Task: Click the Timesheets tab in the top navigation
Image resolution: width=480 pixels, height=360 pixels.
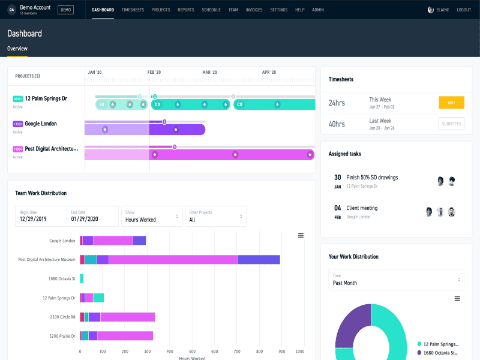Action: point(133,10)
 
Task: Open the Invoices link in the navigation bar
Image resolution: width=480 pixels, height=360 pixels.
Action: point(254,10)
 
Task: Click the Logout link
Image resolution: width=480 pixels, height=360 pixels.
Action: point(463,10)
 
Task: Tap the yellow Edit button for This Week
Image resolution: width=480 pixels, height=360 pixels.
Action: point(451,103)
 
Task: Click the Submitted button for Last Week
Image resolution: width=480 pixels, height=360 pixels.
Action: point(451,124)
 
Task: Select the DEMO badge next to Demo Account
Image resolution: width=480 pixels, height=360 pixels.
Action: point(65,10)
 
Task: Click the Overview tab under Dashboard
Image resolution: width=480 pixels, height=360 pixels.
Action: point(17,49)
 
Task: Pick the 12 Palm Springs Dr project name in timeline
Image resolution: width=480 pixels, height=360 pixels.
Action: point(46,98)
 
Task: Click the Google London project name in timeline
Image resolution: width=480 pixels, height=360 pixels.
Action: point(41,124)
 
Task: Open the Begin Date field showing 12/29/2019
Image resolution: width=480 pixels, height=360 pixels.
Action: point(41,216)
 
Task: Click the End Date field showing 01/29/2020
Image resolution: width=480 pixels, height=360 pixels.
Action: point(92,216)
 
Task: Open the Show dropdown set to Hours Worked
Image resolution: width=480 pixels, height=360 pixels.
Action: point(152,216)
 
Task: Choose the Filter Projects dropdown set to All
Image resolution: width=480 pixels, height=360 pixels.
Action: point(215,216)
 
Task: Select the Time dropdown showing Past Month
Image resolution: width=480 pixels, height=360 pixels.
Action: point(396,280)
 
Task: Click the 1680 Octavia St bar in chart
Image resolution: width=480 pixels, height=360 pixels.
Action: point(82,278)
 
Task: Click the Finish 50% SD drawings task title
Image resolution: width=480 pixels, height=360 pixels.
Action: point(372,178)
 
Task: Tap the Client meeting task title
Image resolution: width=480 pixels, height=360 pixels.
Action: point(362,208)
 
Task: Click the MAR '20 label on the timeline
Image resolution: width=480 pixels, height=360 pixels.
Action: point(209,73)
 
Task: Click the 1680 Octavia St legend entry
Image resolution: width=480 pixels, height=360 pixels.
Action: point(440,353)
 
